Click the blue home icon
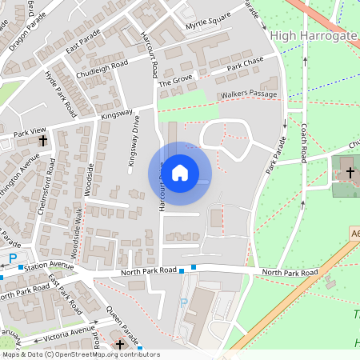[180, 172]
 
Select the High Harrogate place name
[314, 35]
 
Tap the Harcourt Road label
[153, 56]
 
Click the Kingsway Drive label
[133, 144]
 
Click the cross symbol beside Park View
[42, 140]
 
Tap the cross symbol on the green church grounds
[350, 172]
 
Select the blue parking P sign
[14, 258]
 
